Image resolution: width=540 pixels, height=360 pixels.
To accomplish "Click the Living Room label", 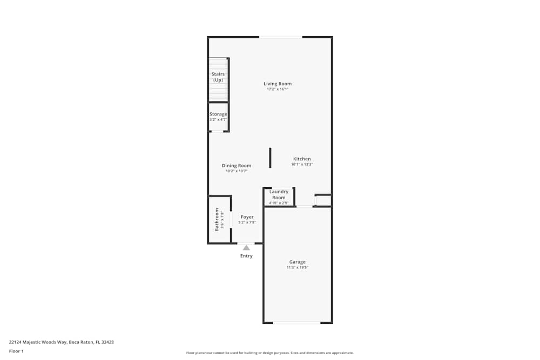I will tap(278, 84).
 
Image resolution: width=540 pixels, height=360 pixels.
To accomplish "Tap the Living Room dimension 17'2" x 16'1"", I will tap(278, 90).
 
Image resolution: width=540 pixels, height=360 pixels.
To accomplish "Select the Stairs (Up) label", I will tap(218, 77).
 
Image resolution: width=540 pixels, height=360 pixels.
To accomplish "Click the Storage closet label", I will tap(218, 114).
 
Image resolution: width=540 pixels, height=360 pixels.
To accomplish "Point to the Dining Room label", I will tap(237, 166).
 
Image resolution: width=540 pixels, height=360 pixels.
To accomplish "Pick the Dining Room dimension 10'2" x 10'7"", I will tap(237, 172).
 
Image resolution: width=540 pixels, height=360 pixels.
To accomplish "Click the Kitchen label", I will tap(302, 159).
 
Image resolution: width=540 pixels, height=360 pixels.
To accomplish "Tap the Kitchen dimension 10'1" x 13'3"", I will tap(302, 165).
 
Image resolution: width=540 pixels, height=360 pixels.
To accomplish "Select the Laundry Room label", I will tap(279, 194).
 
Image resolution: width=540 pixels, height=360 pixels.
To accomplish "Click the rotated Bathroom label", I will tap(217, 220).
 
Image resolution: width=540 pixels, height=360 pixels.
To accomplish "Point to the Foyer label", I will tap(247, 217).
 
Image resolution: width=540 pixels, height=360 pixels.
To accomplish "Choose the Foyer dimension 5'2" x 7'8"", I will tap(247, 222).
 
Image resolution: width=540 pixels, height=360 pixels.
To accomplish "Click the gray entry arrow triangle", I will tap(246, 247).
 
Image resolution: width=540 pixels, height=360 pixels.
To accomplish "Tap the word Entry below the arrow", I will tap(246, 256).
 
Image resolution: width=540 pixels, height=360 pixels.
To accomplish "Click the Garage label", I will tap(297, 262).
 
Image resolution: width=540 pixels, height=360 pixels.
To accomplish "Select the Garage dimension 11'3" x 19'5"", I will tap(297, 268).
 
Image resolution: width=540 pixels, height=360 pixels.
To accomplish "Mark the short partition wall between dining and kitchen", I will tap(271, 158).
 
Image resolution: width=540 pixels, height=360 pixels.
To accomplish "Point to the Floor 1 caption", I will tap(16, 351).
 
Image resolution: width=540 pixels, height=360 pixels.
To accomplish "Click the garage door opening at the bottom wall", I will tap(296, 323).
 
